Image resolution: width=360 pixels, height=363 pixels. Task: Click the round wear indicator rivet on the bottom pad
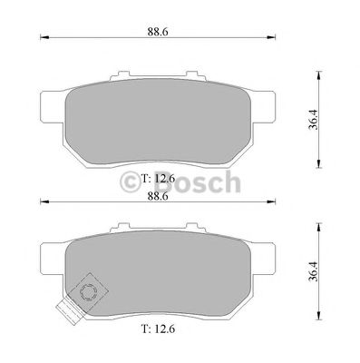(x=89, y=292)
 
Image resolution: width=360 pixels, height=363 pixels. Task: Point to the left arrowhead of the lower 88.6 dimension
(x=43, y=203)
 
